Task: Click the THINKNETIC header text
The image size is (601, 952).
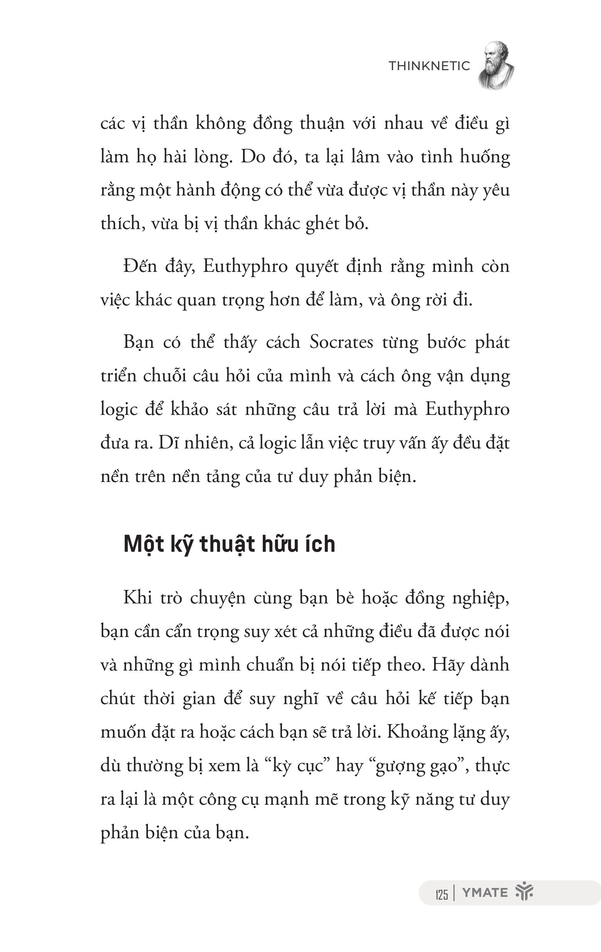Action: point(429,66)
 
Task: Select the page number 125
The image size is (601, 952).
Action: point(442,894)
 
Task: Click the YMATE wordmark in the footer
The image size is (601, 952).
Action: point(485,893)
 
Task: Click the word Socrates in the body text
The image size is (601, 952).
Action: point(341,342)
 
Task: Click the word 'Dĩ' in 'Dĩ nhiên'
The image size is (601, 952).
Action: point(166,443)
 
